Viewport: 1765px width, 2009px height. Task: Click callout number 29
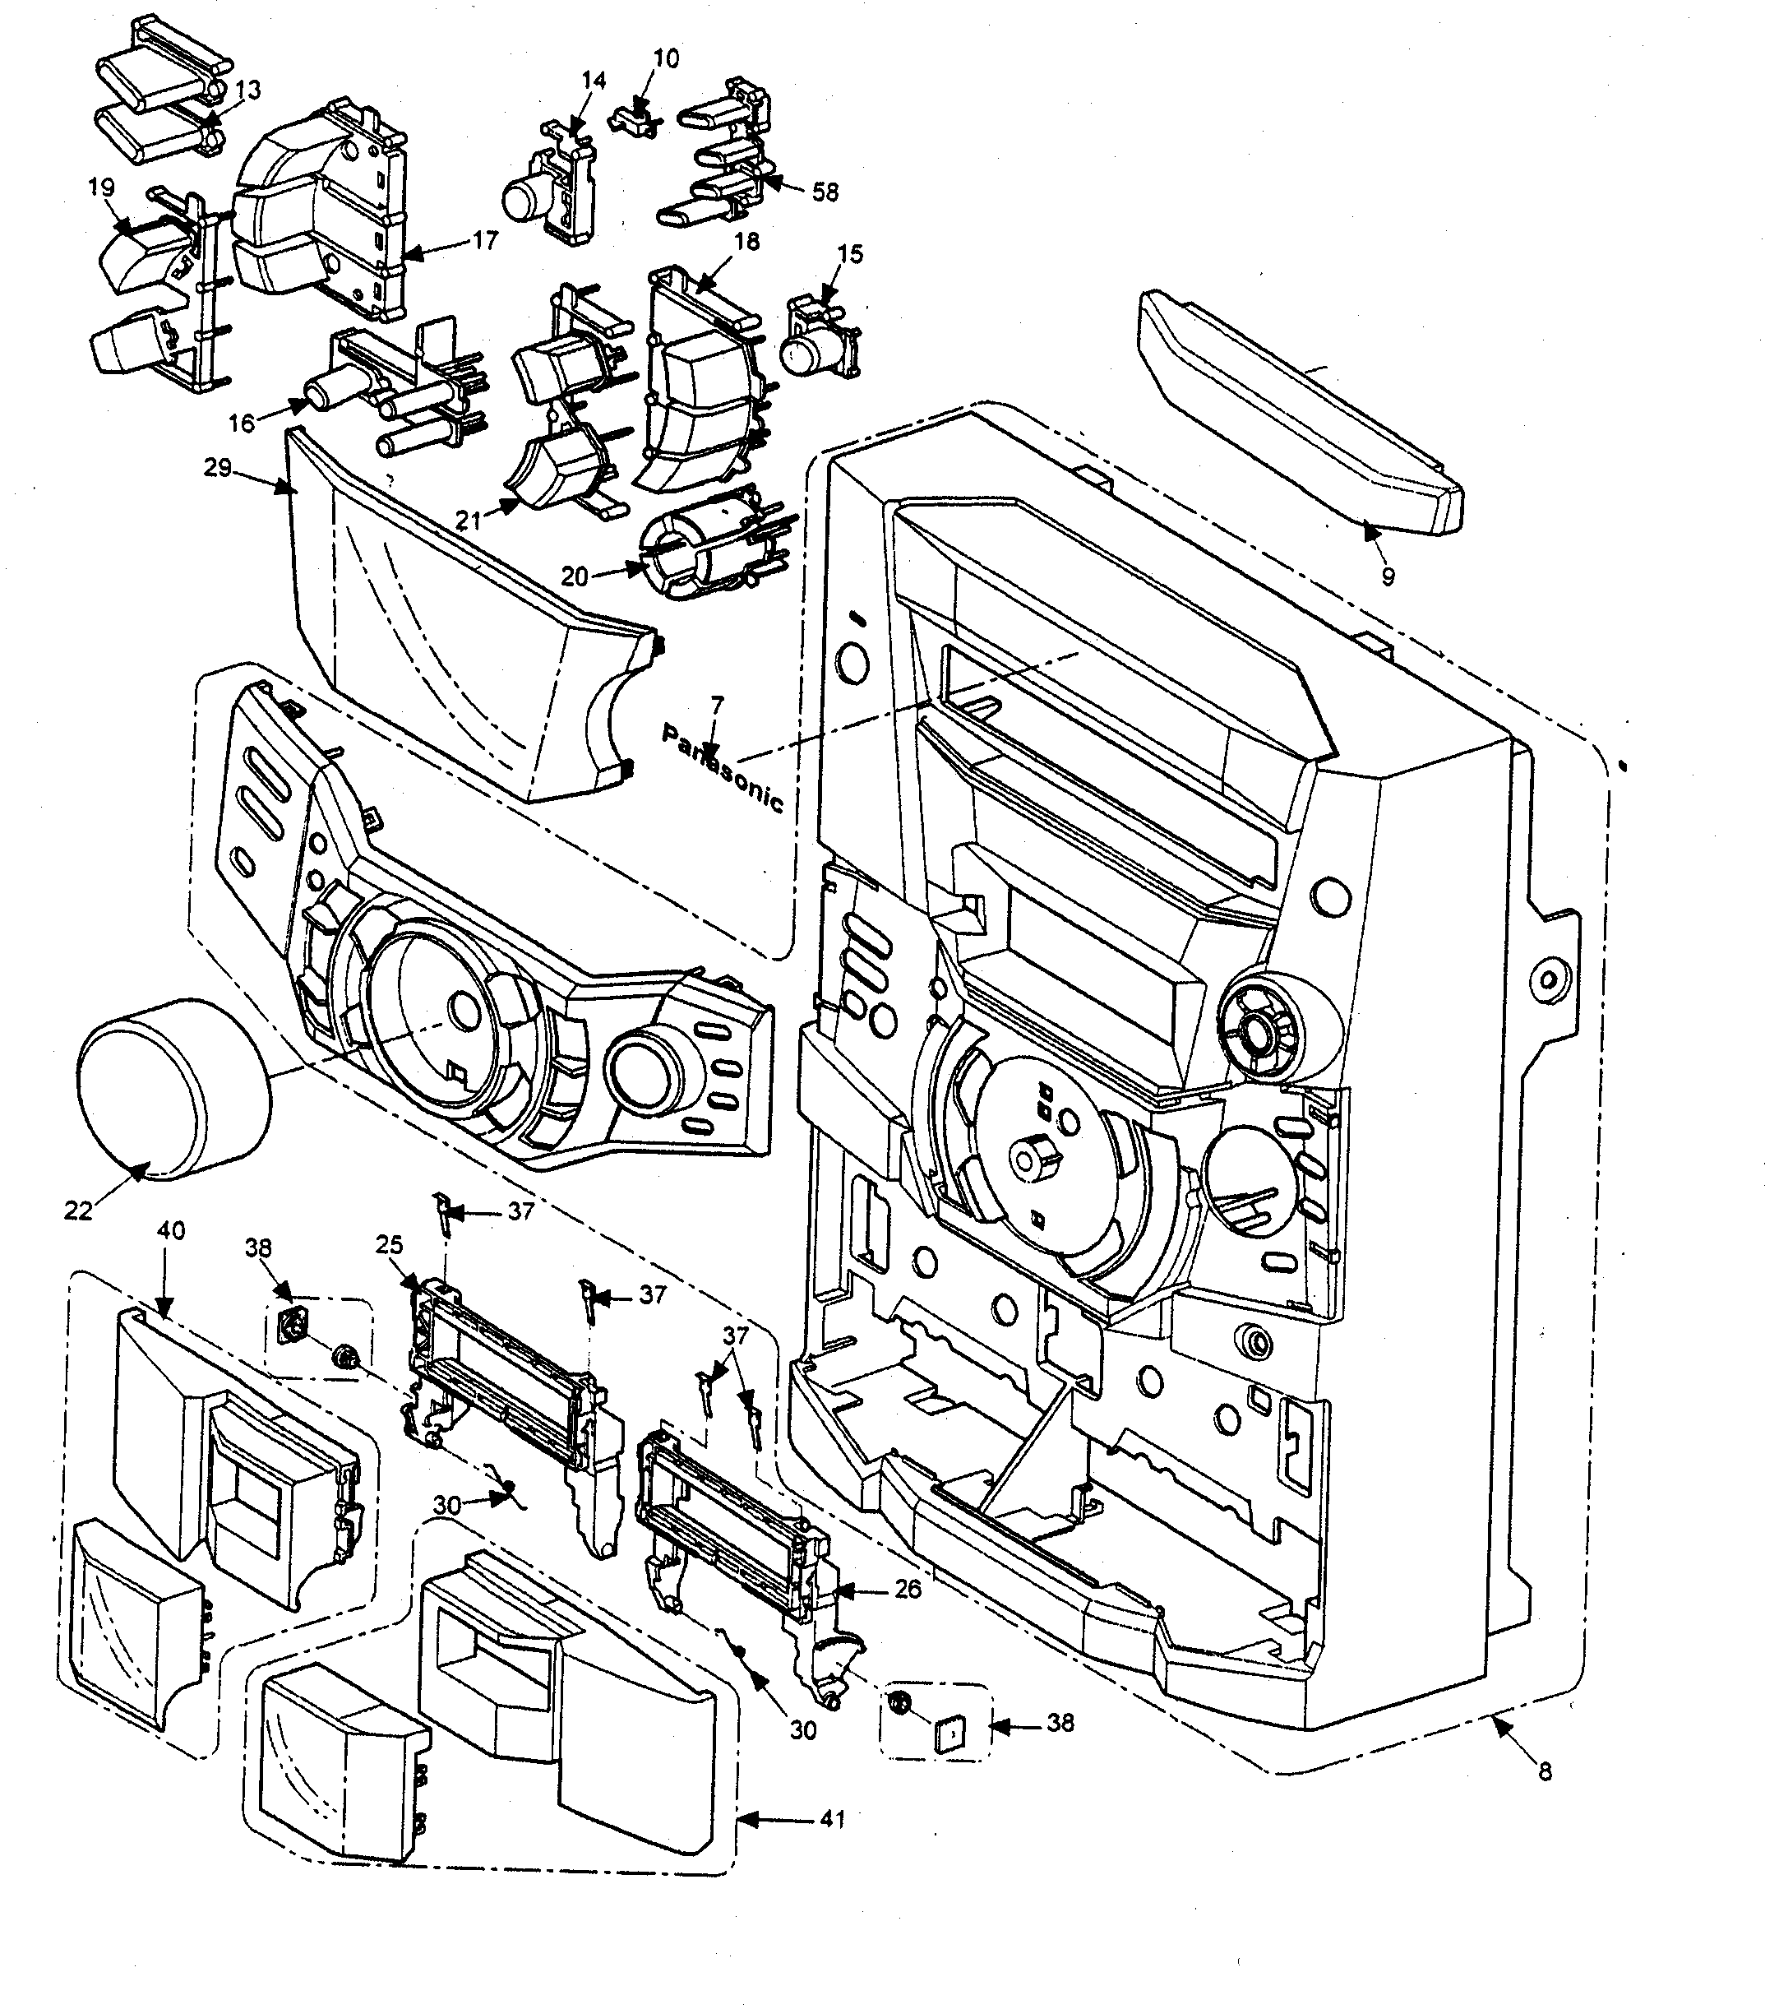tap(217, 468)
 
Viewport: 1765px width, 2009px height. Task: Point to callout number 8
tap(1544, 1772)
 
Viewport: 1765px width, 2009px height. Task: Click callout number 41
tap(833, 1819)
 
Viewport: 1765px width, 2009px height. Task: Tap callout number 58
tap(825, 192)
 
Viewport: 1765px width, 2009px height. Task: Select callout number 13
tap(247, 90)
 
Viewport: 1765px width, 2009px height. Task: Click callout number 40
tap(171, 1230)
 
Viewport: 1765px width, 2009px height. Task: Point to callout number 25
tap(389, 1244)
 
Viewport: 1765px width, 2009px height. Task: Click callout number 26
tap(908, 1588)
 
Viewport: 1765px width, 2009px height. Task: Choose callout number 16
tap(242, 424)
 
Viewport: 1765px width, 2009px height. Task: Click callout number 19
tap(101, 187)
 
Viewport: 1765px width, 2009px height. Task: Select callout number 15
tap(850, 253)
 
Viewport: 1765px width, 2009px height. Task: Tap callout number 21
tap(468, 520)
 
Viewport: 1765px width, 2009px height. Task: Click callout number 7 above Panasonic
tap(716, 705)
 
